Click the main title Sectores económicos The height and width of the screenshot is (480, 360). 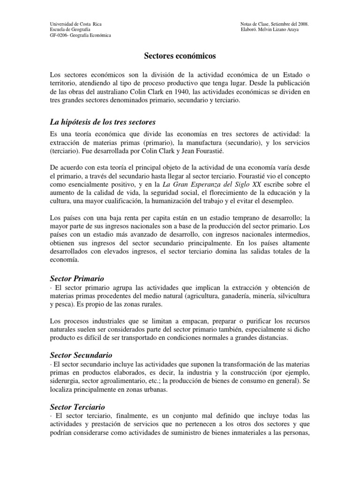point(180,56)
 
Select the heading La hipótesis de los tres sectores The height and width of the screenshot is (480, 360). point(102,122)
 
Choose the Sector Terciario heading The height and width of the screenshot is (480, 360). point(77,406)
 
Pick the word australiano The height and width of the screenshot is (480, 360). point(116,92)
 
